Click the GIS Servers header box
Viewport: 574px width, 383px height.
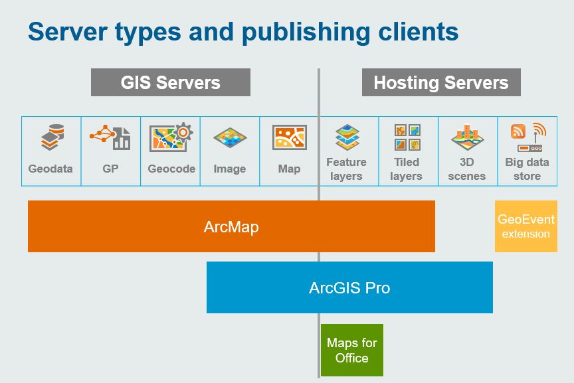(171, 82)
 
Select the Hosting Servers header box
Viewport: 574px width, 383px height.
(441, 82)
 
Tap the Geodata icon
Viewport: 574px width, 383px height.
(52, 137)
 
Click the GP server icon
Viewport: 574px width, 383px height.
(110, 137)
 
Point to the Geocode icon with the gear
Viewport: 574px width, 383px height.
(171, 137)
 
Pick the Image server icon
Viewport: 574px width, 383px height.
(230, 137)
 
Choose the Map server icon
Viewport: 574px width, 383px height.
(289, 137)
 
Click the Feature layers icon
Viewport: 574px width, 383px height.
(347, 137)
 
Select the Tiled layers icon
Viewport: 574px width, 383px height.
(407, 137)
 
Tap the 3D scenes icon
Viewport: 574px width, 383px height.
(467, 137)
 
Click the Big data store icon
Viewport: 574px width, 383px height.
(529, 137)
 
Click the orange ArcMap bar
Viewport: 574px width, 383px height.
(231, 226)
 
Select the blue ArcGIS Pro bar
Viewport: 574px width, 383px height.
(349, 287)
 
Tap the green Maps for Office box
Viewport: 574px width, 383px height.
(352, 350)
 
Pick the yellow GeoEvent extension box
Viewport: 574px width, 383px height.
(526, 226)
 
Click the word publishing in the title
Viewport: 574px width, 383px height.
(306, 32)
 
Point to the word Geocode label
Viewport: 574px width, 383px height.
(171, 169)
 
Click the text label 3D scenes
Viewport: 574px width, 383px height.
(467, 169)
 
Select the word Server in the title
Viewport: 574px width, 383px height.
(68, 31)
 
